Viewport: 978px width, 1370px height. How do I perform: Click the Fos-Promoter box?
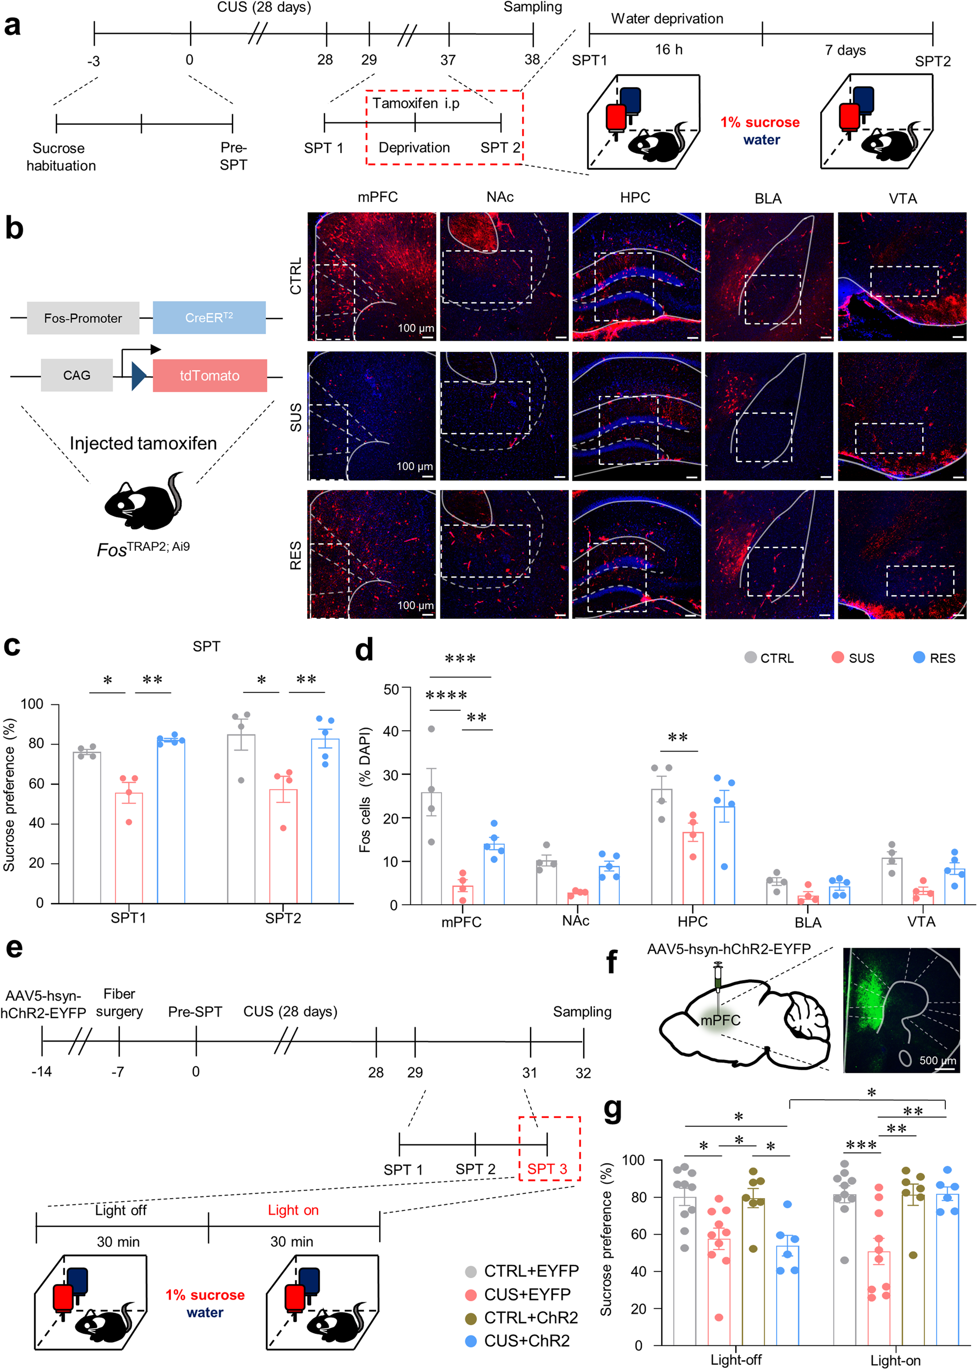click(83, 318)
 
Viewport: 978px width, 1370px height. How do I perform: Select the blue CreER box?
click(209, 318)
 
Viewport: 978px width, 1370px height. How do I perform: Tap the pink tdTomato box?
click(209, 376)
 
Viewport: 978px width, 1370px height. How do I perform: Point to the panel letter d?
click(364, 650)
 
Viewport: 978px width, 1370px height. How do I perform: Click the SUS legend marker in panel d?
click(837, 657)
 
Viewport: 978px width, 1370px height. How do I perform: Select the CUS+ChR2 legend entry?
click(518, 1340)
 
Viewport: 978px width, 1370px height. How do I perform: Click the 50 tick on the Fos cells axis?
click(392, 689)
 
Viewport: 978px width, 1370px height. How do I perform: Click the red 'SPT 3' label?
click(547, 1169)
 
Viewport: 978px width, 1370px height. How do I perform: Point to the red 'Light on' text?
click(293, 1210)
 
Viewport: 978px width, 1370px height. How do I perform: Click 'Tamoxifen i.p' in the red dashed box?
click(416, 103)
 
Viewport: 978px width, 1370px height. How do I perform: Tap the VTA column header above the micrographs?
click(902, 198)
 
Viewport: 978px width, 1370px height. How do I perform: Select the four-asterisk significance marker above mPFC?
click(446, 695)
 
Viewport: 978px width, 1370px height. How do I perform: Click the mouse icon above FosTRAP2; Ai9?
click(143, 501)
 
